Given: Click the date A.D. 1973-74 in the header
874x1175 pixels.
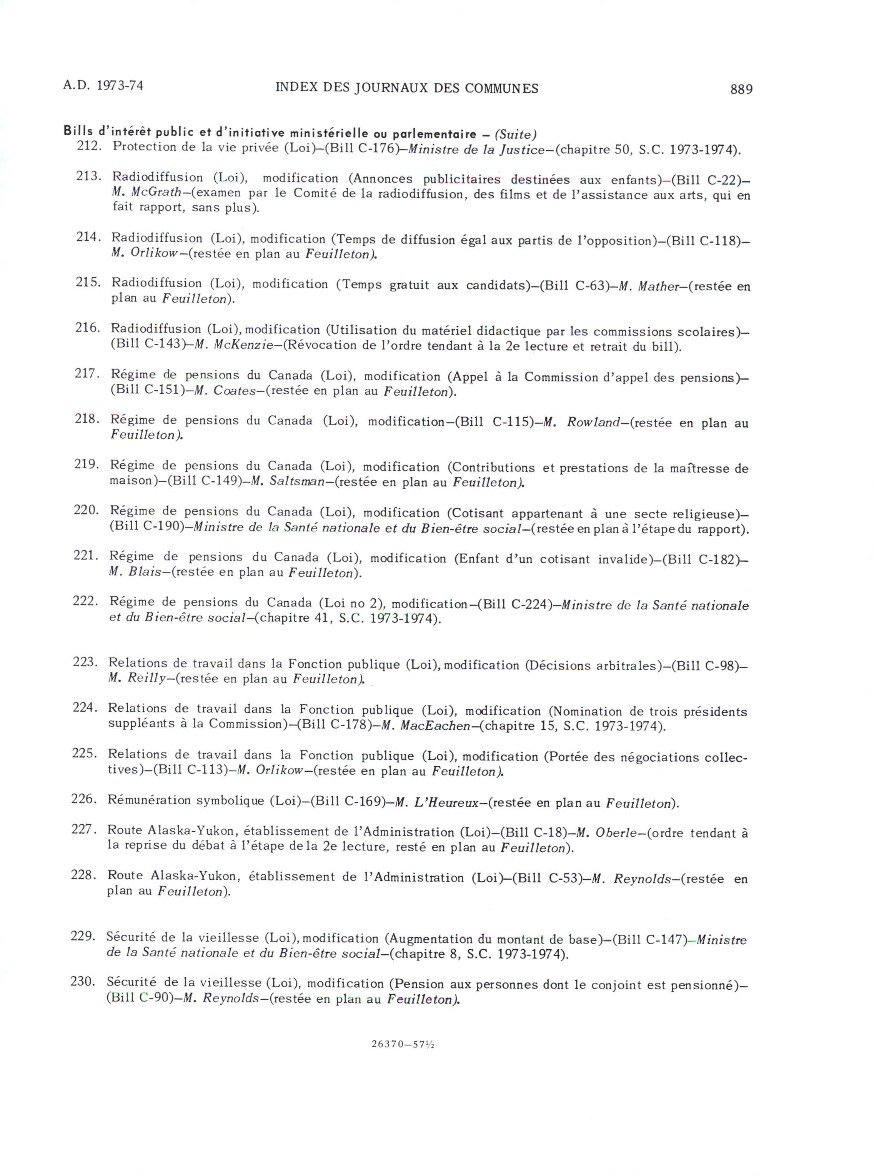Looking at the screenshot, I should coord(103,86).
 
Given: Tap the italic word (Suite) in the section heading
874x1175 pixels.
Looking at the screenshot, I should coord(515,135).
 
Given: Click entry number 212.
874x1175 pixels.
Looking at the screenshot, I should coord(89,146).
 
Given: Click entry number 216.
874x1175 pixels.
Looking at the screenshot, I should coord(87,328).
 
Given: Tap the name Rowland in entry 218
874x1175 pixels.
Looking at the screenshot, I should coord(593,423).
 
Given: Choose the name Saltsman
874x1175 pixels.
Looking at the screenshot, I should coord(296,482).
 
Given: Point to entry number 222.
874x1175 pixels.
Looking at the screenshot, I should coord(85,601).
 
